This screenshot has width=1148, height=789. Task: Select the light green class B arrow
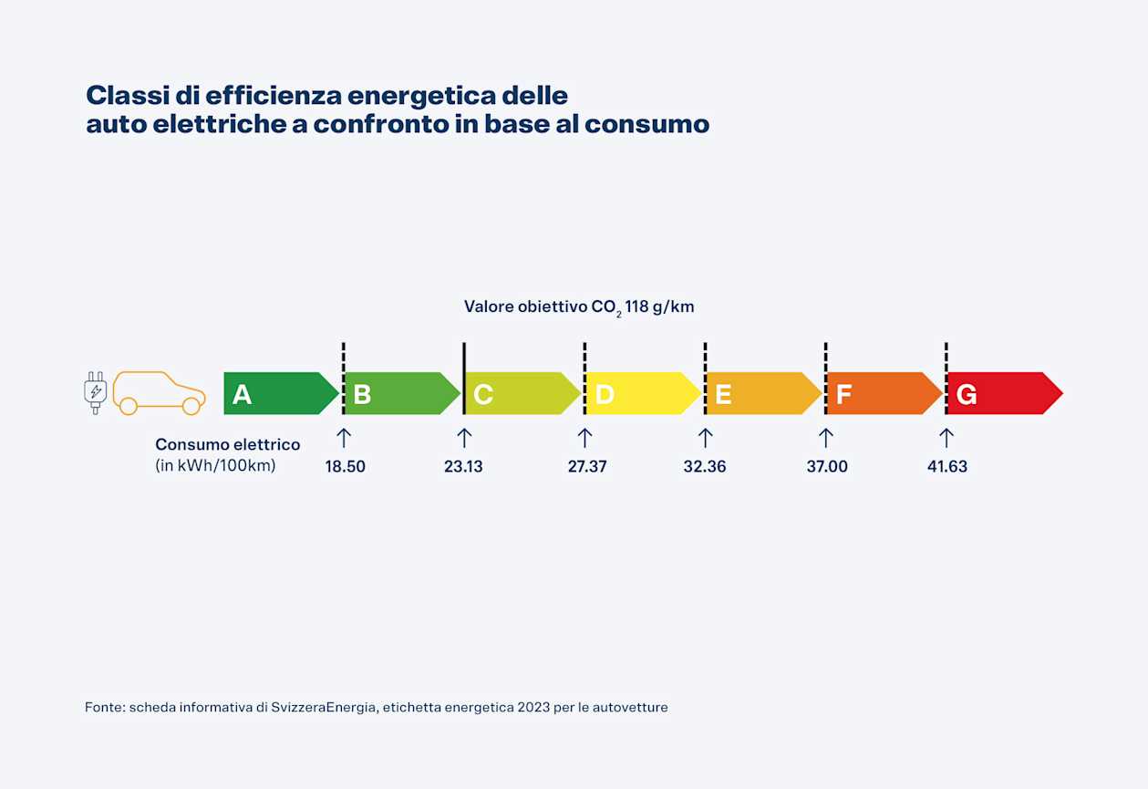pos(401,394)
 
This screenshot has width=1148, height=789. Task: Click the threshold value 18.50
pos(345,466)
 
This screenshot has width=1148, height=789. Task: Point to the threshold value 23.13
pos(463,466)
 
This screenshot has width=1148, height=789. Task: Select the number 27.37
pos(587,466)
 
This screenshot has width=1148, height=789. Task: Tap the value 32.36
pos(705,466)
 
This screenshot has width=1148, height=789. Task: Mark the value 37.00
pos(827,466)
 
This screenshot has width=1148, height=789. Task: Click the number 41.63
pos(947,466)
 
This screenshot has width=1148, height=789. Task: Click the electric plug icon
pos(95,393)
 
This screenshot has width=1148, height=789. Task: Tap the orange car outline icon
pos(159,393)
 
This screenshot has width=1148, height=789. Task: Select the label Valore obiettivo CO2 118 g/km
pos(579,307)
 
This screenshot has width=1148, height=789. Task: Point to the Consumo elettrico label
pos(227,445)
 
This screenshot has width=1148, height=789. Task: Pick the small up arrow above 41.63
pos(946,438)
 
